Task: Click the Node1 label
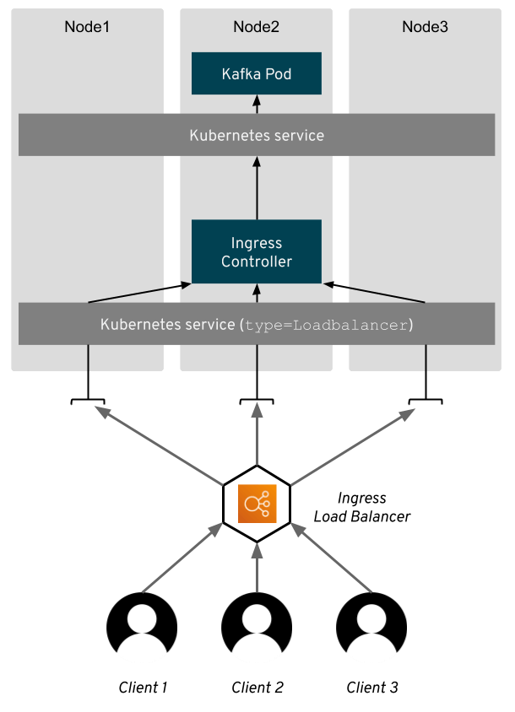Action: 87,27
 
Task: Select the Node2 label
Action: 256,27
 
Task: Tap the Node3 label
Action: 425,27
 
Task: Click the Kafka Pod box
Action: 257,73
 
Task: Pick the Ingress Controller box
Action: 257,252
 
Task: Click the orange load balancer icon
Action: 257,504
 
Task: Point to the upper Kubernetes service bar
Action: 257,135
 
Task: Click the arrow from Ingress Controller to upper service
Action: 257,187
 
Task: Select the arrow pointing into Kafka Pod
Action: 257,104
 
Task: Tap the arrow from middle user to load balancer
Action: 257,567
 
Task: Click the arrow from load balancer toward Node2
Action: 257,437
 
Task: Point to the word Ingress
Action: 257,243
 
